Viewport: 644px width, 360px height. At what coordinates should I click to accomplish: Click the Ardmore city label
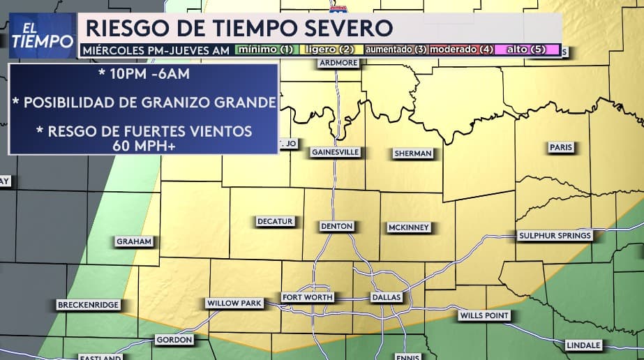tap(338, 62)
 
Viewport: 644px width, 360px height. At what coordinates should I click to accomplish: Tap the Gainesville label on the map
tap(335, 151)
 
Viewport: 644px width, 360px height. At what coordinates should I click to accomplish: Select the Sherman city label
tap(413, 153)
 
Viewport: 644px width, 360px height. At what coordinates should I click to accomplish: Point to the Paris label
tap(560, 147)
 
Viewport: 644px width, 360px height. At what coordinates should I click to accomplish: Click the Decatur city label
tap(275, 221)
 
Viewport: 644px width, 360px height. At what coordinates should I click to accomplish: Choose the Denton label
tap(337, 226)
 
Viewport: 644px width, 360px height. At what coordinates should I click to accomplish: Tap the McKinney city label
tap(410, 227)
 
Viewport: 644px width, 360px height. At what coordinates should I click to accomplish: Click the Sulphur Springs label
tap(555, 236)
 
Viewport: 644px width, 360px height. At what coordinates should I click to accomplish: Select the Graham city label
tap(134, 241)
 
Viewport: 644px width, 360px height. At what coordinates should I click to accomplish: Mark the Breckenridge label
tap(89, 305)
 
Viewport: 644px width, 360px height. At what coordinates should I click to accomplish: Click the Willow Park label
tap(234, 303)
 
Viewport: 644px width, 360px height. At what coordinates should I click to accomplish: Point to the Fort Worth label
tap(308, 297)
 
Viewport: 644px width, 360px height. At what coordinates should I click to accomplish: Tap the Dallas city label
tap(387, 297)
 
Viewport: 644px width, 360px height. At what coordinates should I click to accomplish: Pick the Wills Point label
tap(484, 315)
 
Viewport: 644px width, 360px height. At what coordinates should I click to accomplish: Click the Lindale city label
tap(584, 345)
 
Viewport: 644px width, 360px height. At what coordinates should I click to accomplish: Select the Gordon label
tap(174, 340)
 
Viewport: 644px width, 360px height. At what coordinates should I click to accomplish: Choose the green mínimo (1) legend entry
tap(267, 50)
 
